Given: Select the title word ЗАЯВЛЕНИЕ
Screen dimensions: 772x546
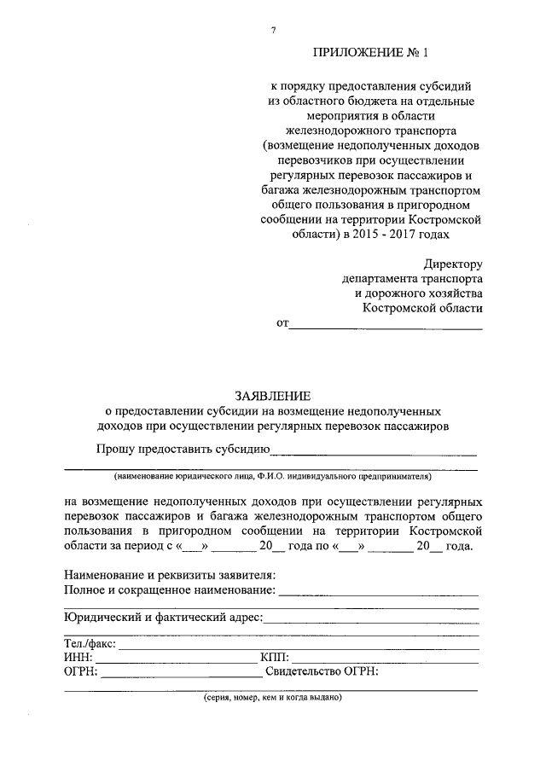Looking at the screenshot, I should coord(273,395).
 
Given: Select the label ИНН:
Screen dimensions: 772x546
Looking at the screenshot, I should coord(78,658).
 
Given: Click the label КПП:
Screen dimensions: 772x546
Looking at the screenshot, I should coord(274,658).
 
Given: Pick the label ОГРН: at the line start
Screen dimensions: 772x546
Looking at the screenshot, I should coord(81,671).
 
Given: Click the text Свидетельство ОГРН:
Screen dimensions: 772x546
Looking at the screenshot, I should coord(322,671).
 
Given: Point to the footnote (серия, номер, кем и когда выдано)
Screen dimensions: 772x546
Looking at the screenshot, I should coord(272,697).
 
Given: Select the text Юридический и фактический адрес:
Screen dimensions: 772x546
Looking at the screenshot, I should coord(163,617).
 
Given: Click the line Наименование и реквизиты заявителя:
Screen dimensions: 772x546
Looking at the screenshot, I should coord(170,576).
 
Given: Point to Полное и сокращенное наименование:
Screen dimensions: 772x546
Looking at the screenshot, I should coord(170,589).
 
